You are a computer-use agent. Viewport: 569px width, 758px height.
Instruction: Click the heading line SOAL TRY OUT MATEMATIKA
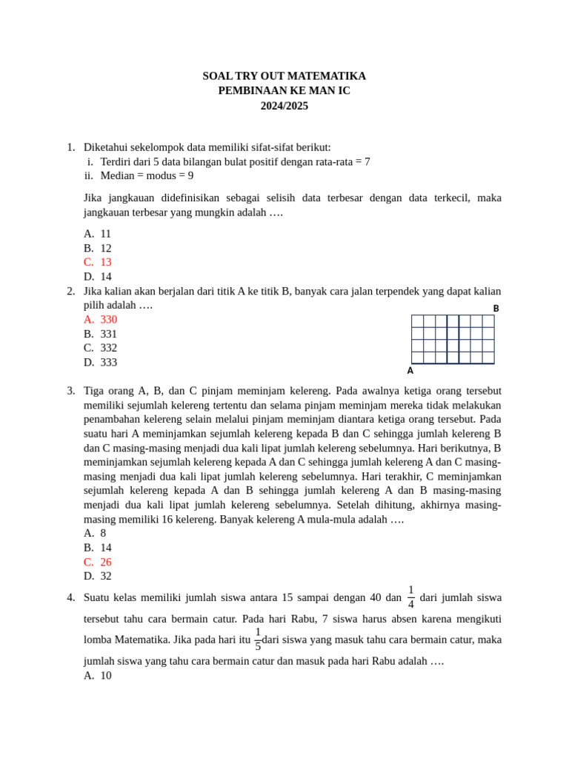tap(284, 76)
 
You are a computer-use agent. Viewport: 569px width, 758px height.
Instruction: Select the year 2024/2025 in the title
tap(284, 106)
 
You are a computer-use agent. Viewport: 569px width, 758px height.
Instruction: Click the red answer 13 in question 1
tap(105, 262)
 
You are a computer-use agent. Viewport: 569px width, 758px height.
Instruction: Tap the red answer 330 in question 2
tap(108, 319)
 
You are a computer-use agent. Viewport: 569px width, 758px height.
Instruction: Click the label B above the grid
tap(496, 309)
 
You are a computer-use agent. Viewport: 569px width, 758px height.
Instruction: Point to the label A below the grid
tap(410, 371)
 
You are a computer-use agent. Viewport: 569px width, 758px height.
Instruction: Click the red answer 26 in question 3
tap(105, 562)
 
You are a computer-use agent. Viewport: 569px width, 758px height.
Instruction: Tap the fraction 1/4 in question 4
tap(410, 597)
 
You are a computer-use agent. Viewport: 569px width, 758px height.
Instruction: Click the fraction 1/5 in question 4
tap(258, 640)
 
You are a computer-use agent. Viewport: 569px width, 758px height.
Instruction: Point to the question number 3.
tap(70, 391)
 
